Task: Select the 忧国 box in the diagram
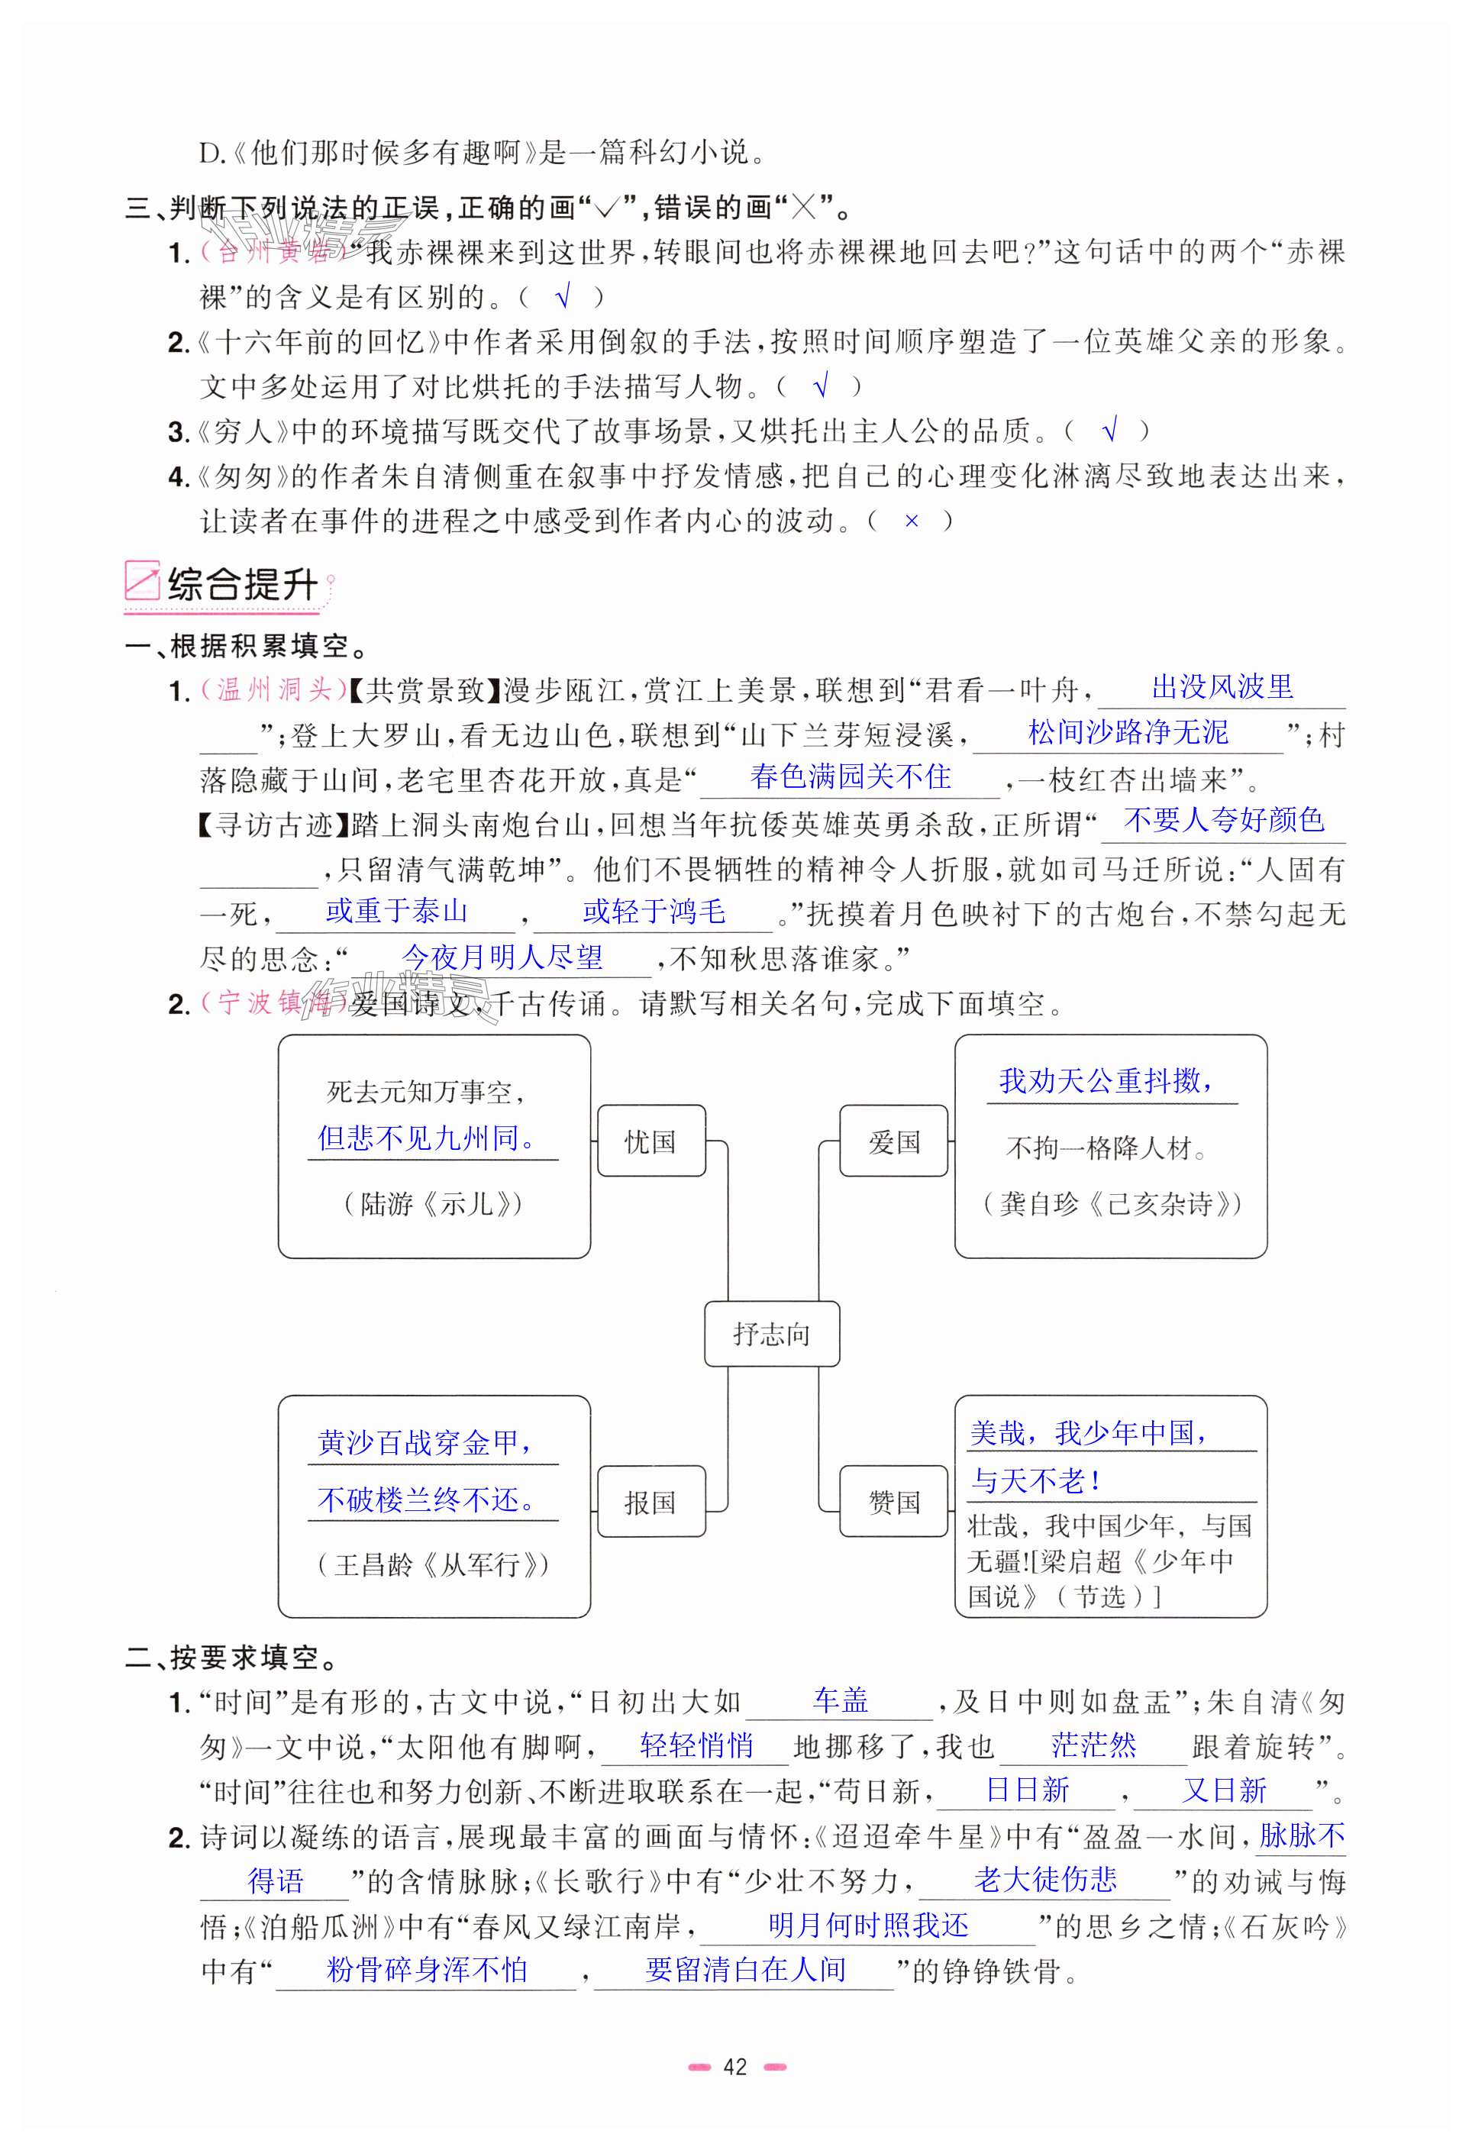[650, 1141]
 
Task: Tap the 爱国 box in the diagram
[893, 1141]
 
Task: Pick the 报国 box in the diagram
[650, 1502]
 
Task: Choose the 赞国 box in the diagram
[893, 1502]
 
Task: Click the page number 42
[734, 2067]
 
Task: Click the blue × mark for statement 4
[912, 521]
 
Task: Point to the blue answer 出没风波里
[1222, 686]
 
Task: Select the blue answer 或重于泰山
[396, 912]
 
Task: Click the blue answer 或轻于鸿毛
[654, 912]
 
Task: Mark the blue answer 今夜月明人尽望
[502, 957]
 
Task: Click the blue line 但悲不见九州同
[427, 1138]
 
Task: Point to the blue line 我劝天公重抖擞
[1106, 1080]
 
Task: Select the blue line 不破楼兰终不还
[427, 1499]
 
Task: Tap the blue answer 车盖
[840, 1700]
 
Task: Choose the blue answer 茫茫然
[1093, 1745]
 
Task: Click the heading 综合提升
[242, 585]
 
